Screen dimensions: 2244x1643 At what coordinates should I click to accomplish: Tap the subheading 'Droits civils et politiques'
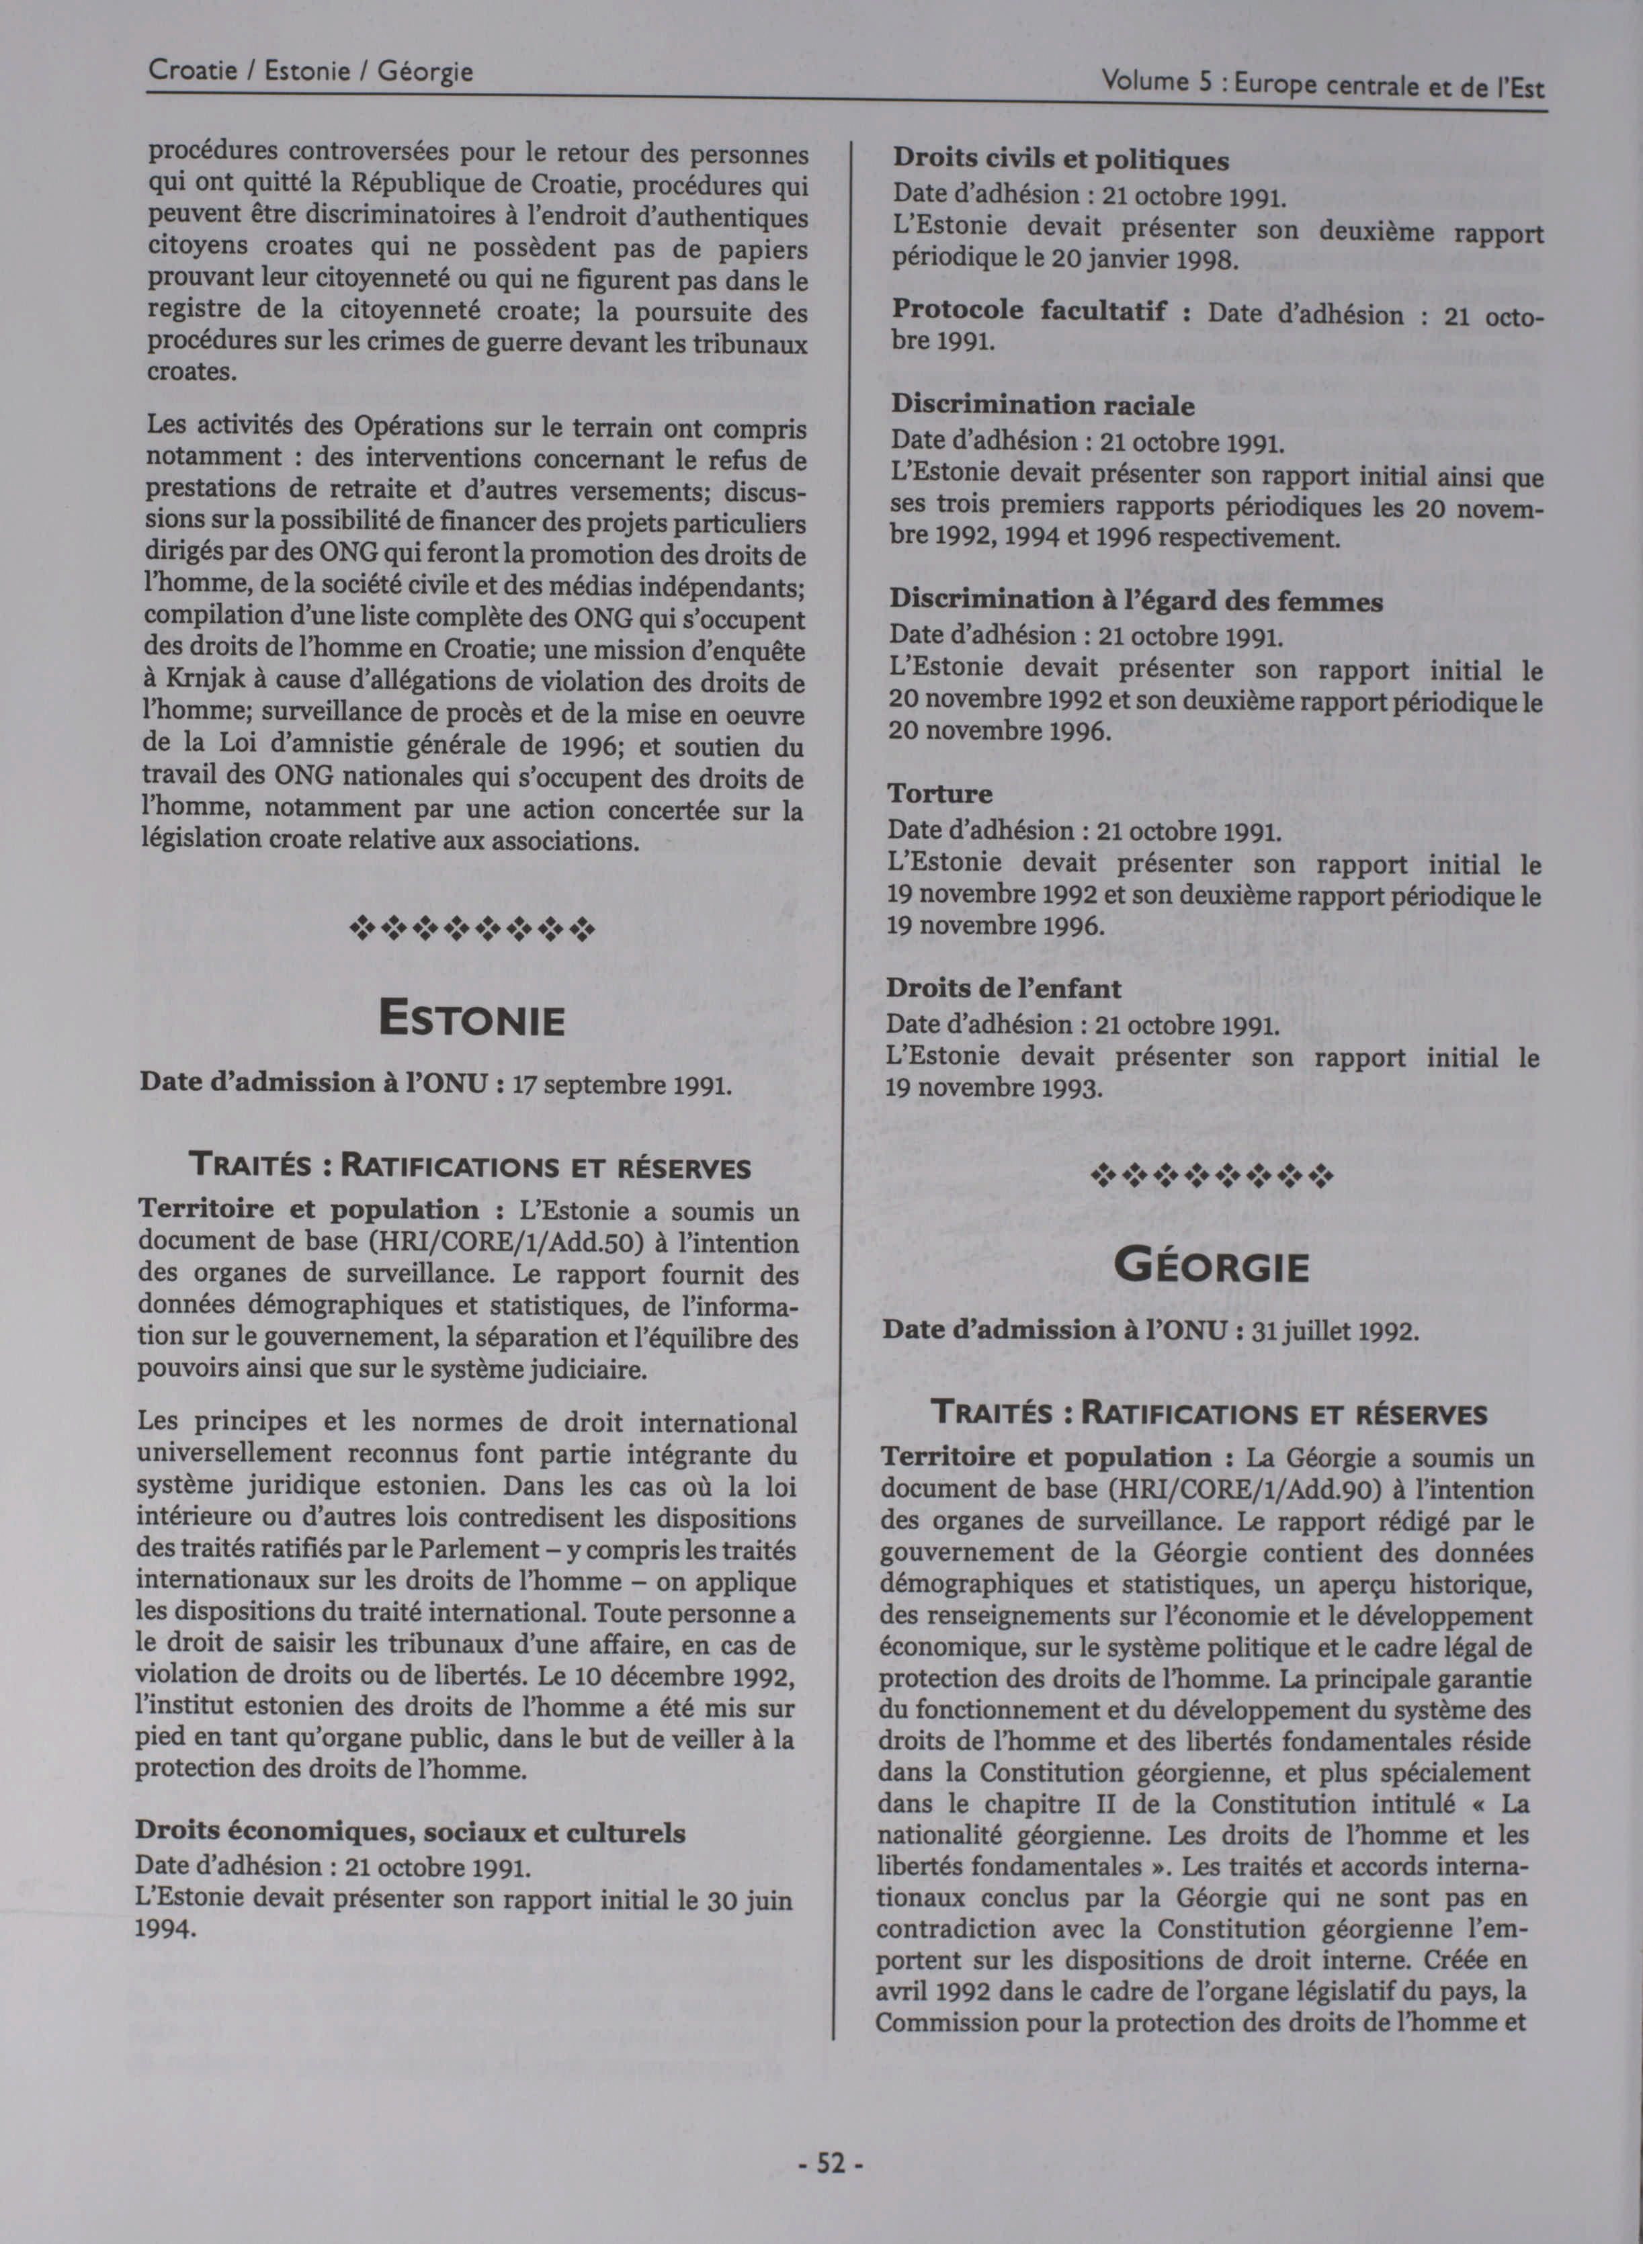1060,159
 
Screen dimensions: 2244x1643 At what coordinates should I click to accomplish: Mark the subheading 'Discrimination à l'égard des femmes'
1136,601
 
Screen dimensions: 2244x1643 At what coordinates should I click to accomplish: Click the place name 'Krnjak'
212,683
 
